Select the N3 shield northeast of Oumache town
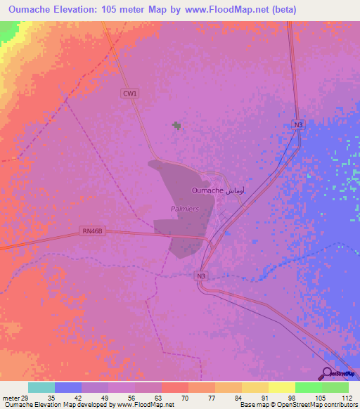(x=299, y=124)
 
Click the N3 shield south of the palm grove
(x=202, y=276)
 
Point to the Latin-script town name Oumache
(x=207, y=190)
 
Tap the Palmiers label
(x=186, y=209)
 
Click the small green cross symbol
(x=176, y=126)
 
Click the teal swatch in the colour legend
(x=41, y=387)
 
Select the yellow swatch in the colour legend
(x=281, y=387)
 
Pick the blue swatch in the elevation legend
(x=68, y=387)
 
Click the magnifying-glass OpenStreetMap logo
(x=328, y=373)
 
